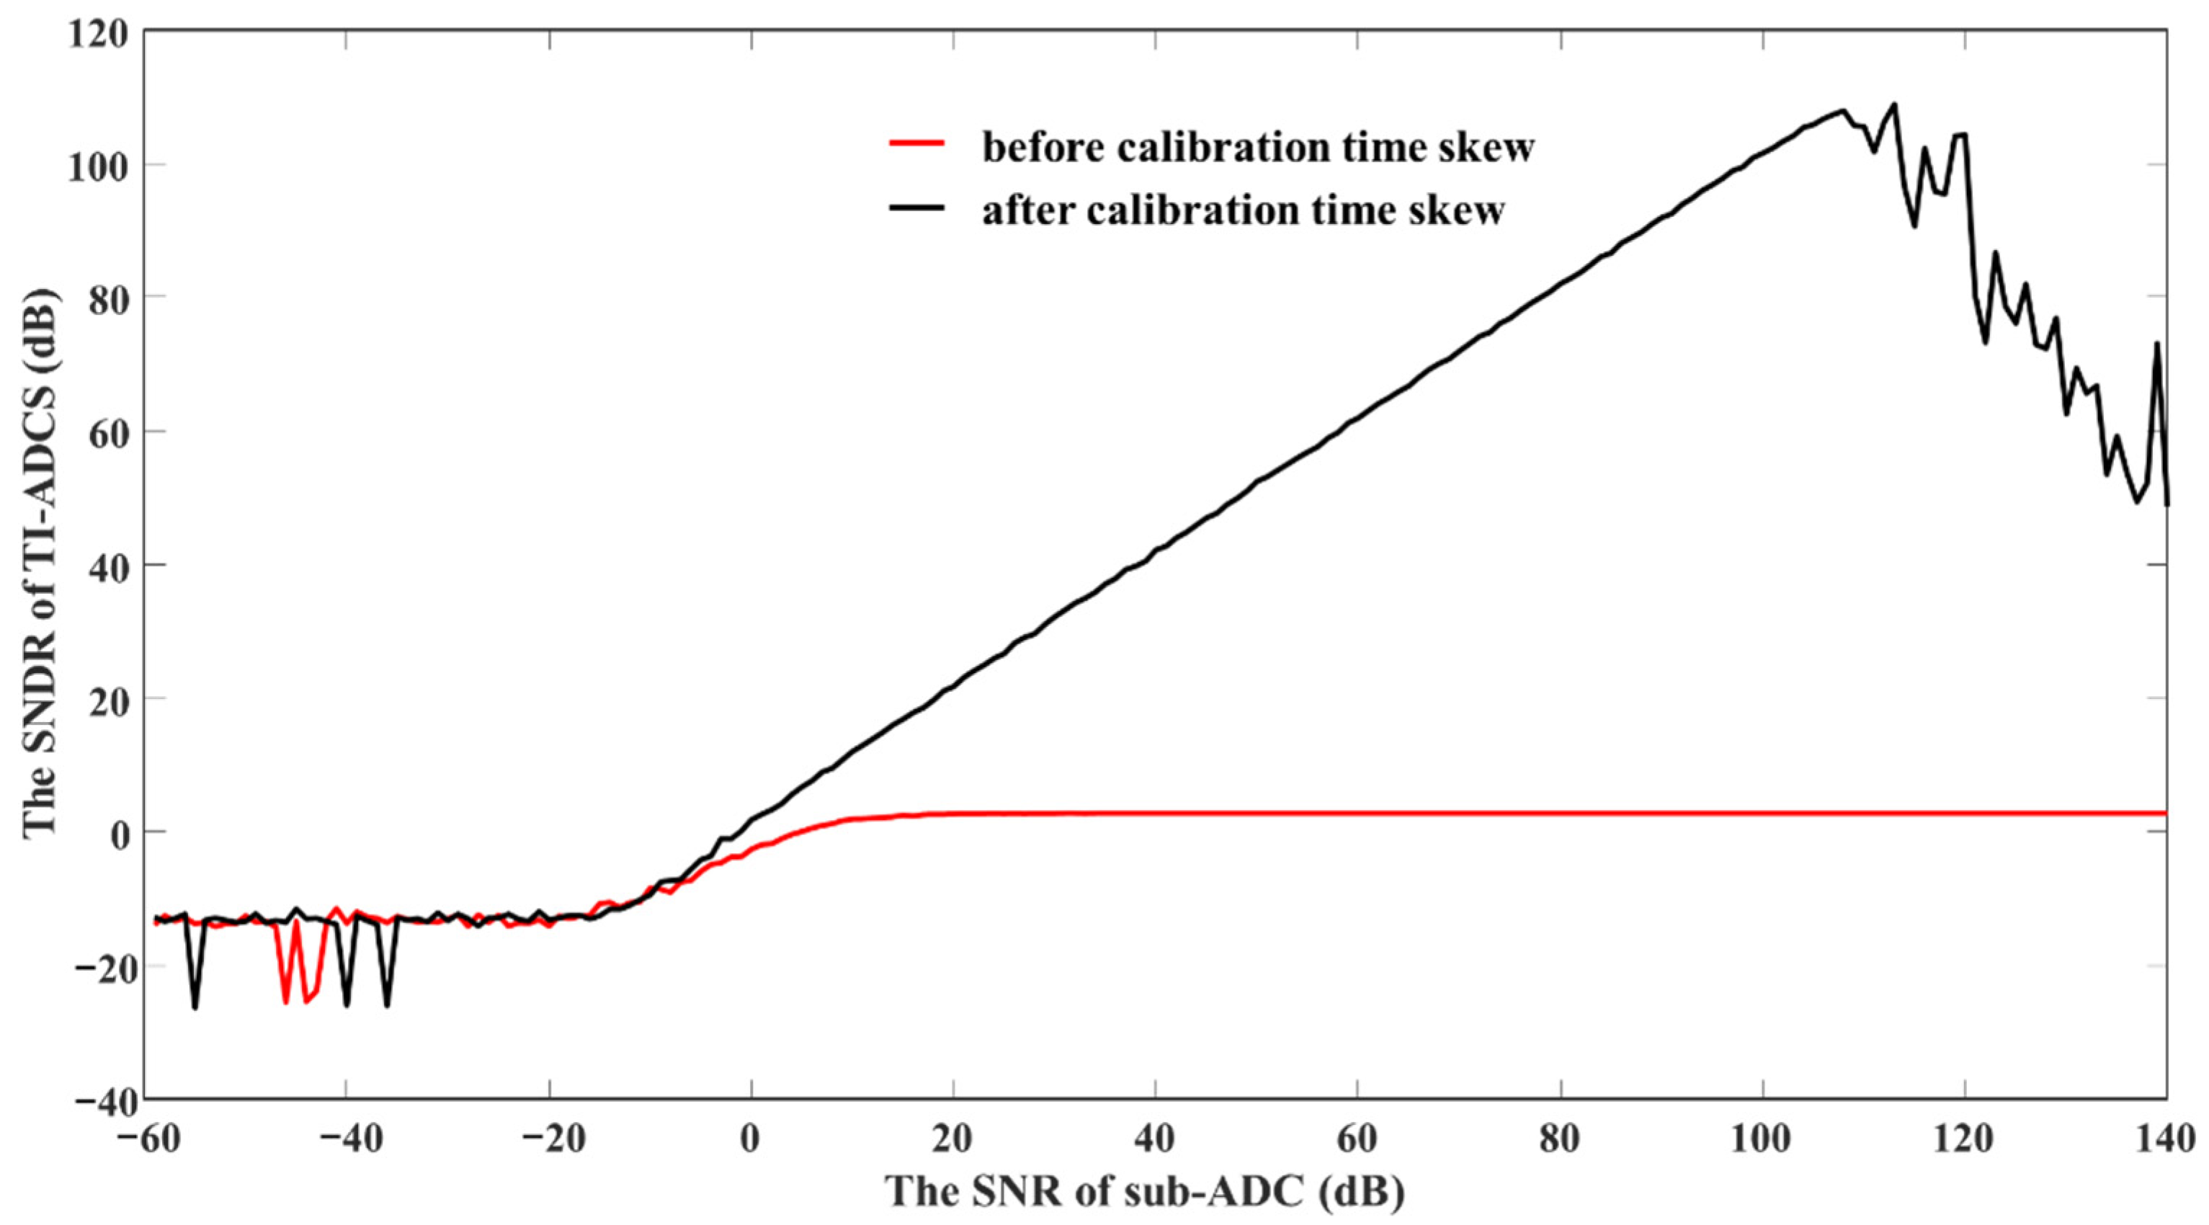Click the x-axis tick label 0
[x=751, y=1141]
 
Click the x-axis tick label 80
[x=1560, y=1141]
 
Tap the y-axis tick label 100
[x=101, y=166]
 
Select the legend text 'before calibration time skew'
[x=1257, y=148]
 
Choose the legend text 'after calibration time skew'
[x=1243, y=210]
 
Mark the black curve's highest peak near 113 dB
[x=1894, y=104]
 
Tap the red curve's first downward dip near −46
[x=285, y=1002]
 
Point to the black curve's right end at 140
[x=2166, y=504]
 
